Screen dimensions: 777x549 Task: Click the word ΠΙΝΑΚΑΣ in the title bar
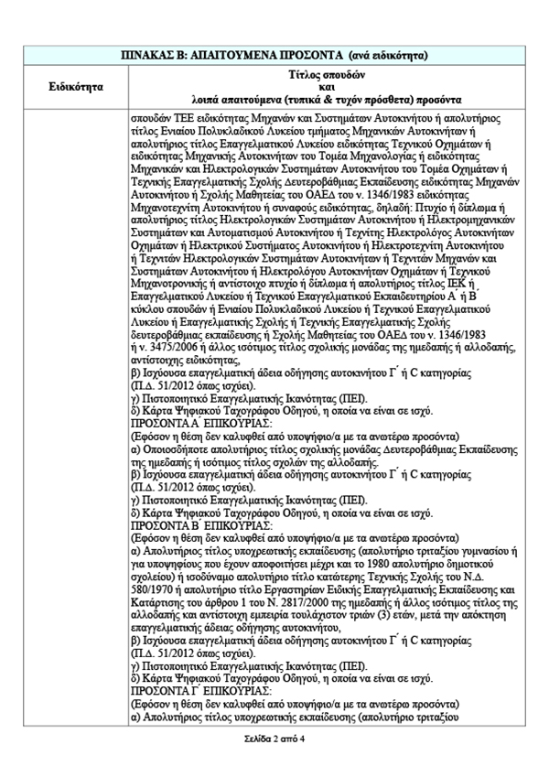[147, 54]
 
